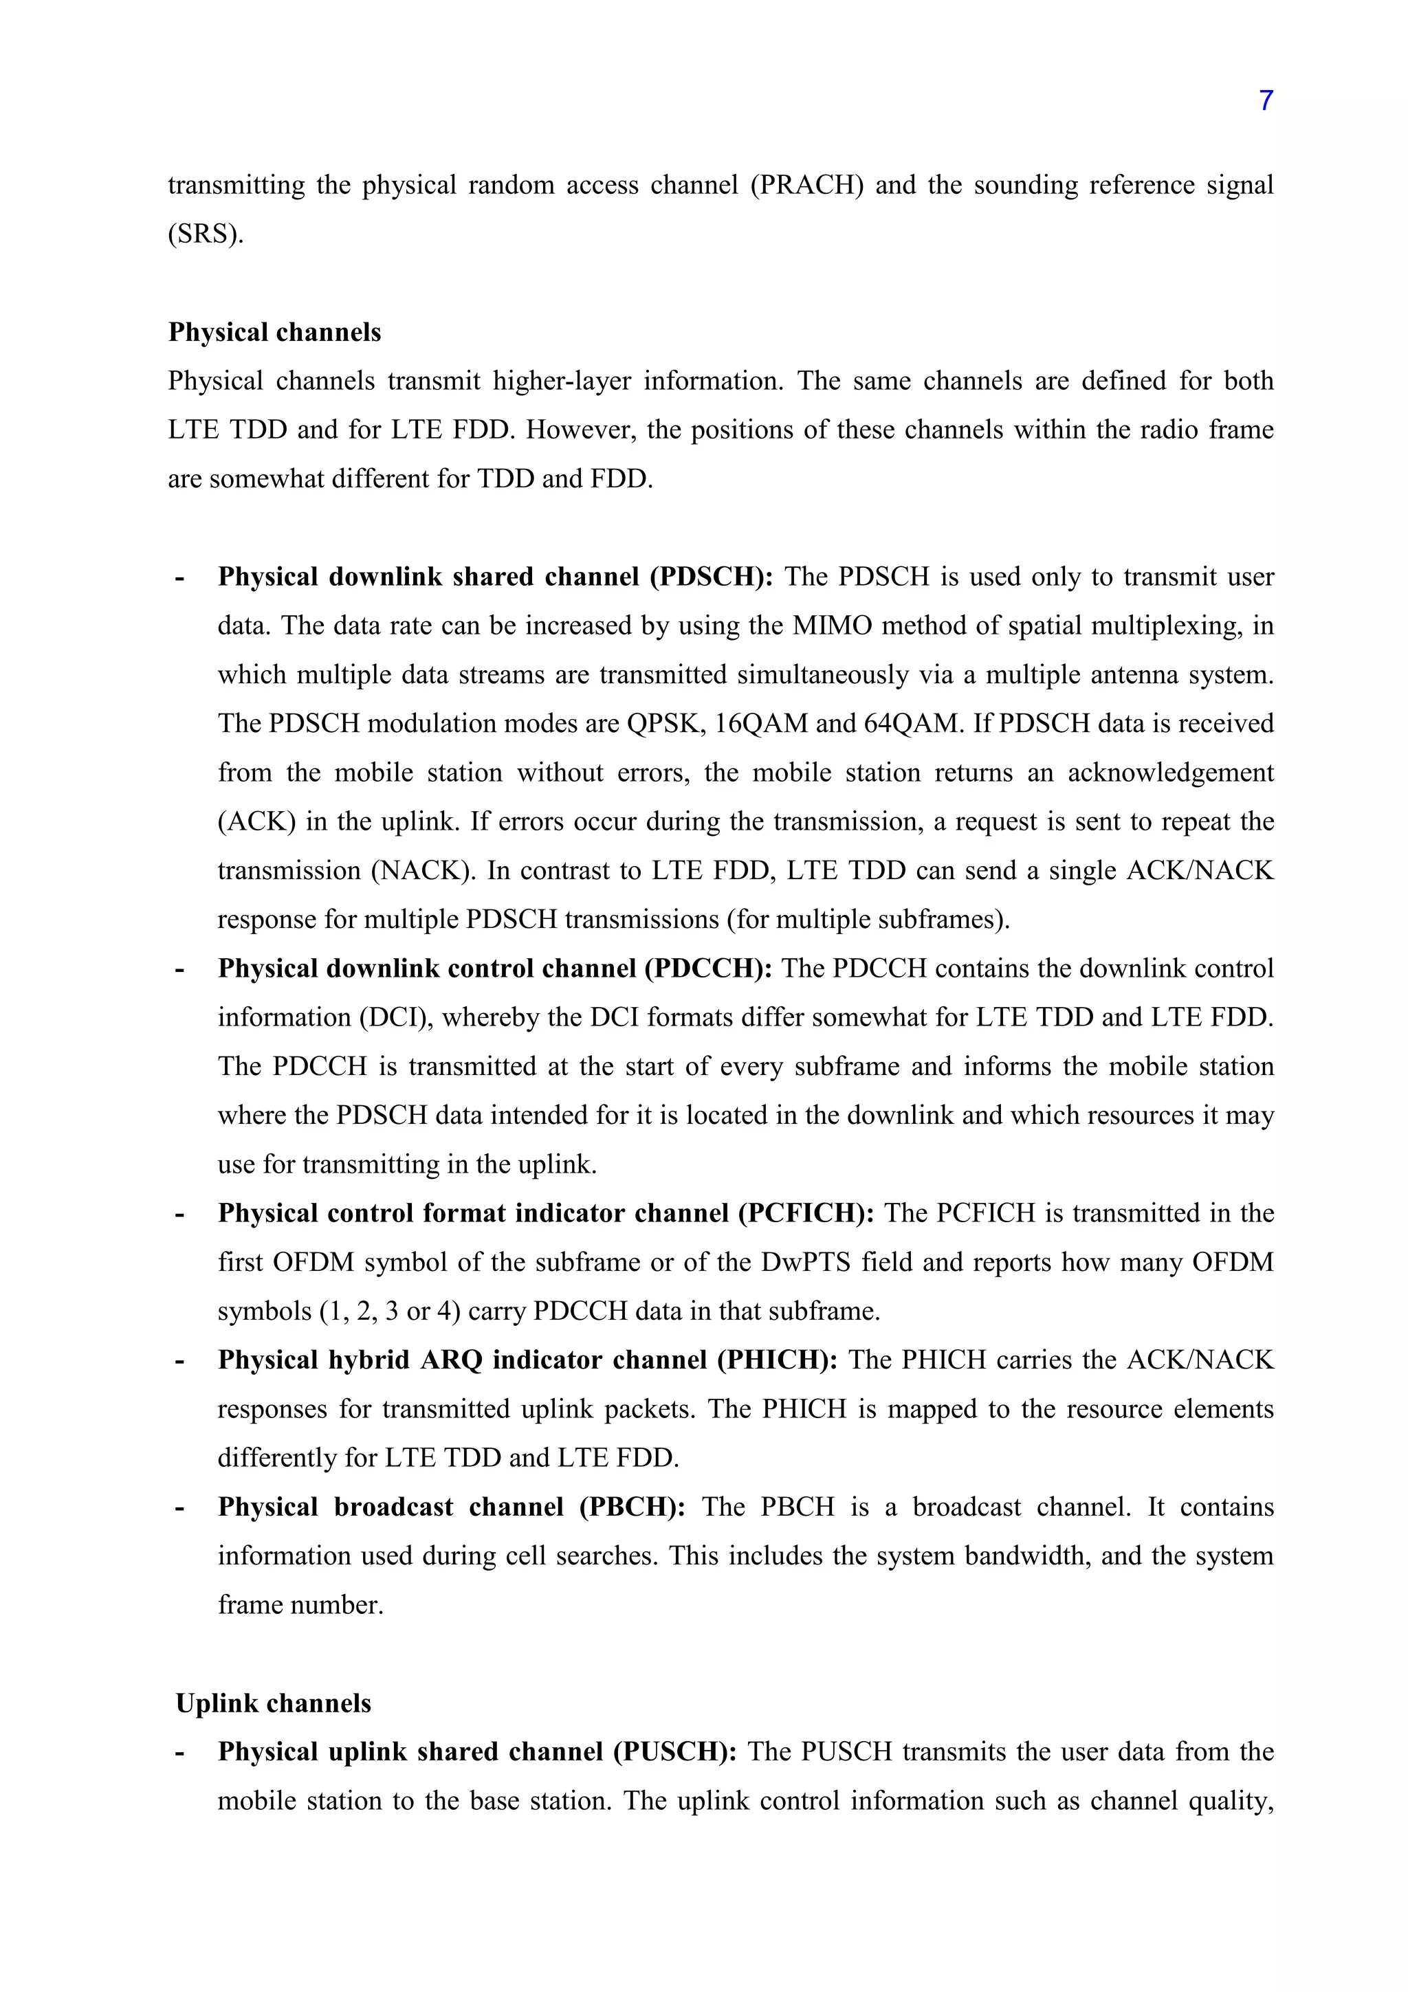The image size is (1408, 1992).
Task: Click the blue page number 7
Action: point(1266,102)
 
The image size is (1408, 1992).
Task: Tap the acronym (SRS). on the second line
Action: point(206,234)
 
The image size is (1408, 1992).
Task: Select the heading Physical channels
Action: point(274,332)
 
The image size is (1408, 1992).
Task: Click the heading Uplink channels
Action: point(273,1703)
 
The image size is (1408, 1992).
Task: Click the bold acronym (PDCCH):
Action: point(707,969)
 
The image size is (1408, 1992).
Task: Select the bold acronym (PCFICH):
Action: point(806,1213)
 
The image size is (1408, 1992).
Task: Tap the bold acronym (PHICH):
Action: point(776,1360)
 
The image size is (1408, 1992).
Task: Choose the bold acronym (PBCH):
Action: point(632,1507)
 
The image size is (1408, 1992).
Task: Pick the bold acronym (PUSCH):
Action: point(675,1751)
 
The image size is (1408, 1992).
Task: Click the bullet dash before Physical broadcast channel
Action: point(180,1508)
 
